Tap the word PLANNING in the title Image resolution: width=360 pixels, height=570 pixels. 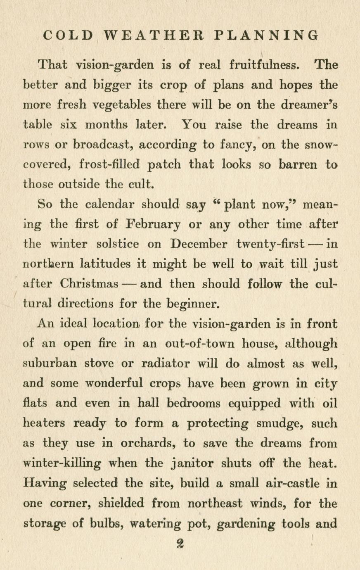(x=267, y=35)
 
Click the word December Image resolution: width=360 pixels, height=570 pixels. (x=199, y=245)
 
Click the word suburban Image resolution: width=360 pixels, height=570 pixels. (x=49, y=364)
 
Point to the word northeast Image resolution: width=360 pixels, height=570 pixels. (x=216, y=504)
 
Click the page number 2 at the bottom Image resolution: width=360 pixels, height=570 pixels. (x=180, y=544)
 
